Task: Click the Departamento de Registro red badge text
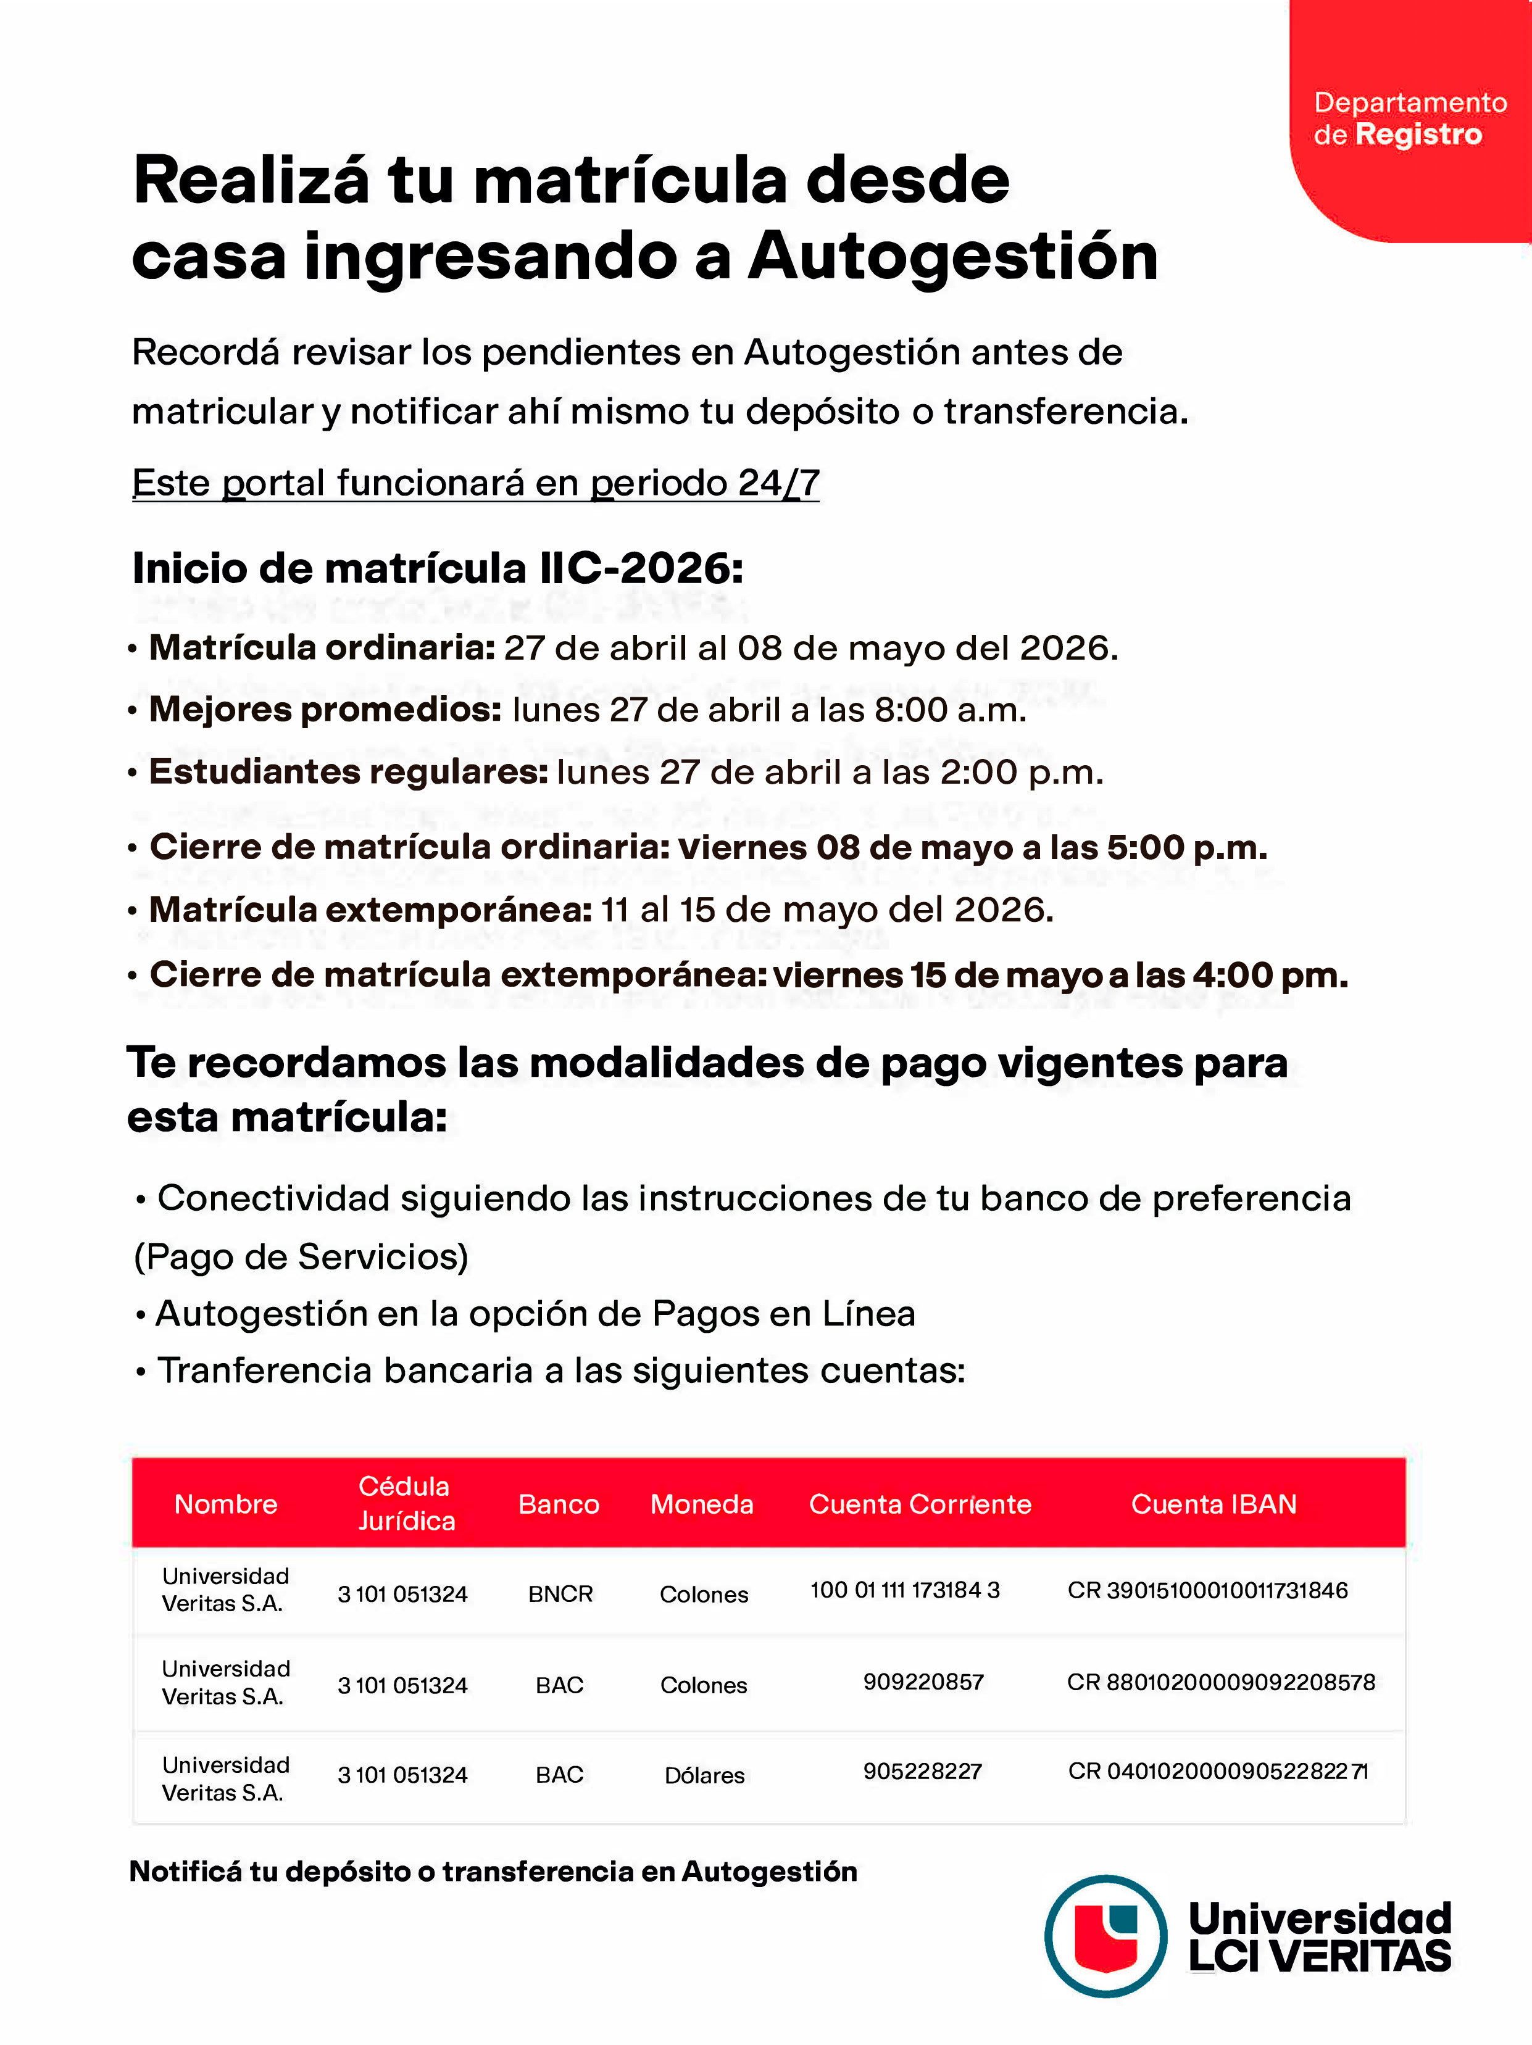coord(1409,118)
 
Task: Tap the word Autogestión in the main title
coord(952,256)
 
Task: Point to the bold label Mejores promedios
coord(325,710)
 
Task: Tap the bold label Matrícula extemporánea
coord(370,910)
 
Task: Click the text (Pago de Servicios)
coord(301,1256)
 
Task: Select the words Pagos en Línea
coord(783,1314)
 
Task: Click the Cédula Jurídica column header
coord(406,1503)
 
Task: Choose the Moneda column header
coord(702,1504)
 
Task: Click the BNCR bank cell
coord(560,1594)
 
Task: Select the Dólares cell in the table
coord(704,1775)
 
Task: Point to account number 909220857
coord(923,1682)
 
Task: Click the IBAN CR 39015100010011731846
coord(1207,1590)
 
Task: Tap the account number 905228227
coord(922,1772)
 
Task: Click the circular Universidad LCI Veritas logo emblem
coord(1105,1936)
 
